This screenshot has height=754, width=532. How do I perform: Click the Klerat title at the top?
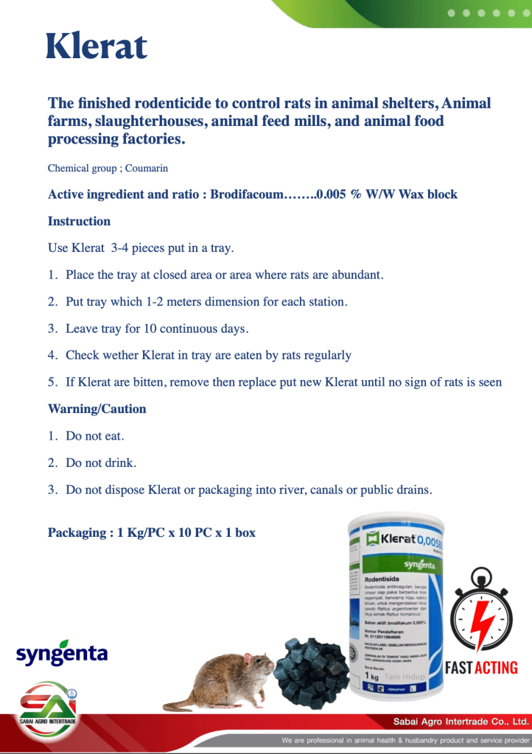point(97,46)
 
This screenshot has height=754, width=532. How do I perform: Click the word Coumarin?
point(146,169)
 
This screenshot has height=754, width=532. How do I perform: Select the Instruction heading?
point(79,222)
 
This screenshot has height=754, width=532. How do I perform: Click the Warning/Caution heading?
point(97,409)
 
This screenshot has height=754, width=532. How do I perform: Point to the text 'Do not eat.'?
point(95,436)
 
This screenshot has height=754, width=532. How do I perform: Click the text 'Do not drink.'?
point(101,463)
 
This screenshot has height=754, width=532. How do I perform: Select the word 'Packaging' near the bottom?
point(77,532)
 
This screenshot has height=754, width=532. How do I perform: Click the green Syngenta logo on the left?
point(62,653)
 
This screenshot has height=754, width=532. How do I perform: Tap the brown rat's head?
point(258,667)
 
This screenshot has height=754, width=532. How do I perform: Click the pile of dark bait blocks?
point(309,671)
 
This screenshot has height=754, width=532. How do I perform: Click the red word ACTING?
point(495,668)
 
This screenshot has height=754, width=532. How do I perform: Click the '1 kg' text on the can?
point(374,675)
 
